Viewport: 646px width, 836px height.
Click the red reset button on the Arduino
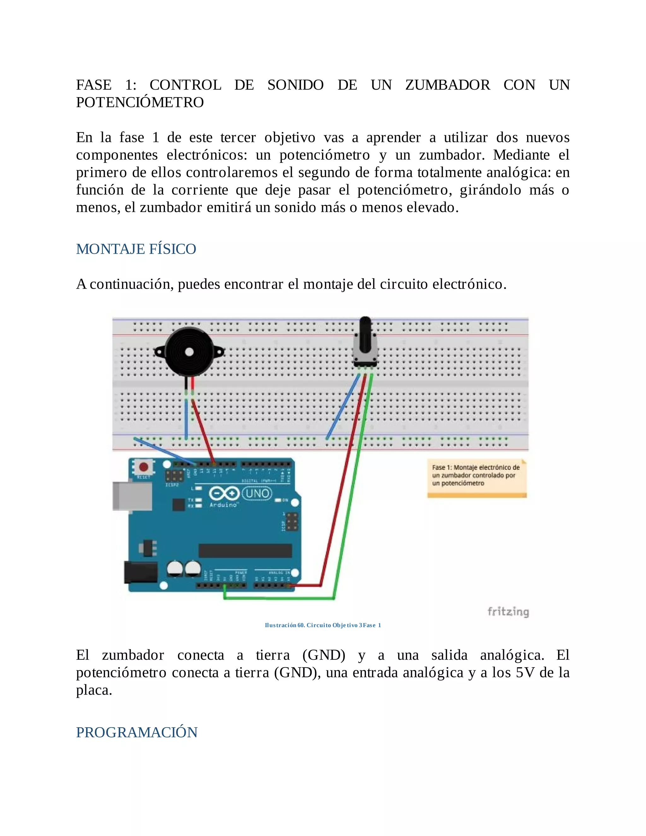click(x=144, y=467)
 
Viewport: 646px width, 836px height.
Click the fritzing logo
click(x=508, y=612)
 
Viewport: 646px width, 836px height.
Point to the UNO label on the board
click(x=257, y=493)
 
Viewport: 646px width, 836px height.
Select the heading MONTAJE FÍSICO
click(x=136, y=249)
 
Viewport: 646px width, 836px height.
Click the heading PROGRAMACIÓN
click(x=137, y=732)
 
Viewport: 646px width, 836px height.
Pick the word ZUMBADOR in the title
click(x=447, y=85)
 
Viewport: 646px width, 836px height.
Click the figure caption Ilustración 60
click(x=323, y=625)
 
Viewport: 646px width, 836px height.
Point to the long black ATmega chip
click(x=245, y=551)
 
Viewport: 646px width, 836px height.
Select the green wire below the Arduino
click(x=279, y=598)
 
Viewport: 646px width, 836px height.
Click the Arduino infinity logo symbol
click(x=224, y=493)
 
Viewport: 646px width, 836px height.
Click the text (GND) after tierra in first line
click(x=324, y=655)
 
